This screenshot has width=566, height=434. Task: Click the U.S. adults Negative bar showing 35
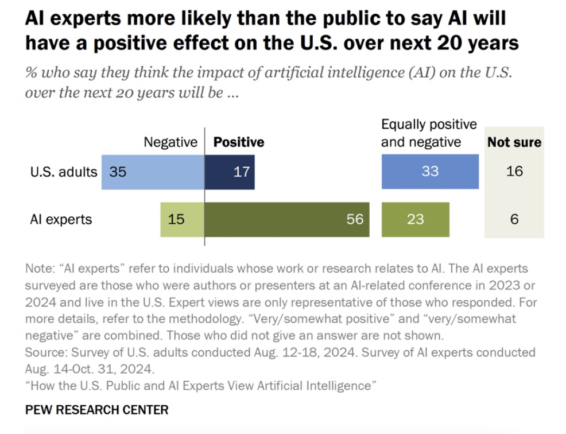point(153,172)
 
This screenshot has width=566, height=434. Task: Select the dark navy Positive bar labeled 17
point(230,172)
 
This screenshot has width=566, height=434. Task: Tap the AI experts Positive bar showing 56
point(287,219)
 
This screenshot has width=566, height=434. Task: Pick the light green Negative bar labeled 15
point(182,219)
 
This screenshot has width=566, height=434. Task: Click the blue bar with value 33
point(430,172)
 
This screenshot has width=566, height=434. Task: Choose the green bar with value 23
point(416,219)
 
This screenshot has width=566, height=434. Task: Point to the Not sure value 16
point(514,172)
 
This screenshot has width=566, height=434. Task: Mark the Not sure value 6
point(514,219)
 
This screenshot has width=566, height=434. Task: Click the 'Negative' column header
point(170,142)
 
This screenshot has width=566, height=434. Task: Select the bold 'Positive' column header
point(239,142)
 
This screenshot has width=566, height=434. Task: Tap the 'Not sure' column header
point(514,142)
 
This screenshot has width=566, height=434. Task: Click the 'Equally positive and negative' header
point(429,133)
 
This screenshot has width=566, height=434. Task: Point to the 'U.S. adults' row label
point(64,172)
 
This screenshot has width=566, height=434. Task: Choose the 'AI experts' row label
point(61,219)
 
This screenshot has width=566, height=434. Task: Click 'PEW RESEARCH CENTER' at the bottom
point(97,410)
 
